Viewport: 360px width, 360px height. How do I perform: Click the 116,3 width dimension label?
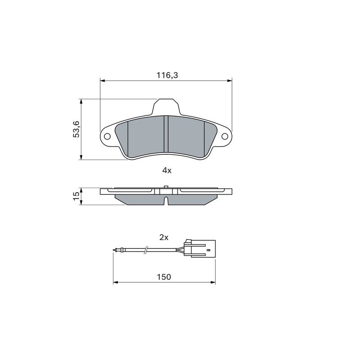click(x=167, y=75)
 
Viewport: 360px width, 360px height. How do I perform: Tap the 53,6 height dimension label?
click(x=76, y=129)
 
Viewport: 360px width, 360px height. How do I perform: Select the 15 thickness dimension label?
click(x=76, y=196)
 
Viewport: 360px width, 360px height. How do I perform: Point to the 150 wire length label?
click(x=164, y=277)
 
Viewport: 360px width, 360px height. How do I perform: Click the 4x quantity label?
click(x=166, y=171)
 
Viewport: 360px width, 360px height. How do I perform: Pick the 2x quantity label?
click(x=164, y=238)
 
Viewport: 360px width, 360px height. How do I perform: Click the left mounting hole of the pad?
click(x=107, y=136)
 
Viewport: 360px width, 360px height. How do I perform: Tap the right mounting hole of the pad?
click(x=225, y=136)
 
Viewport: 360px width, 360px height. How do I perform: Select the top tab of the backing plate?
click(x=166, y=107)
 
